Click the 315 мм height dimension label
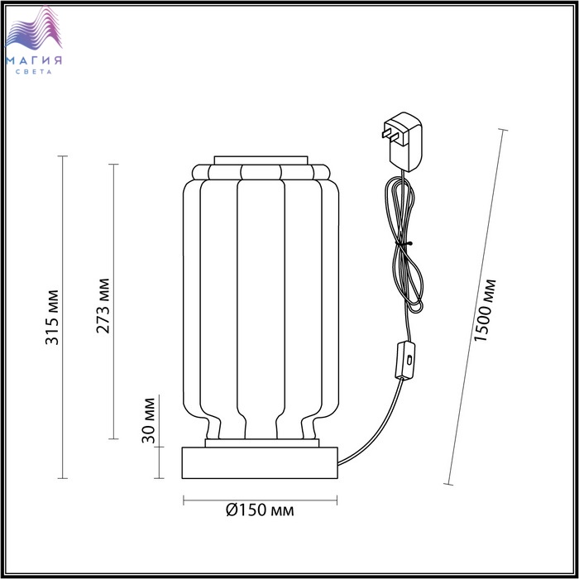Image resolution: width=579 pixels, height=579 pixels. [x=51, y=317]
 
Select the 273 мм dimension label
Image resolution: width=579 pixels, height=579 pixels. [x=103, y=306]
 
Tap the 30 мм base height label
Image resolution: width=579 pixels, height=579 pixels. [x=148, y=420]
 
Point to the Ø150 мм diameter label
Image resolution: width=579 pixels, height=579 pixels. [x=260, y=510]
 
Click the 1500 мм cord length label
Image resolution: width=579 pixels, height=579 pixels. [x=485, y=310]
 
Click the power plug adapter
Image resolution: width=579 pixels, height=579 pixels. [x=403, y=141]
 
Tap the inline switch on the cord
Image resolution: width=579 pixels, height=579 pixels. [x=405, y=361]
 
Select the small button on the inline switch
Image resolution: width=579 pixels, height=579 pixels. [x=409, y=359]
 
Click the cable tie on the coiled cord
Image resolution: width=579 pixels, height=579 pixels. [x=404, y=243]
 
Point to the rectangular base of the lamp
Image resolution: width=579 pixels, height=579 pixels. [x=260, y=462]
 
